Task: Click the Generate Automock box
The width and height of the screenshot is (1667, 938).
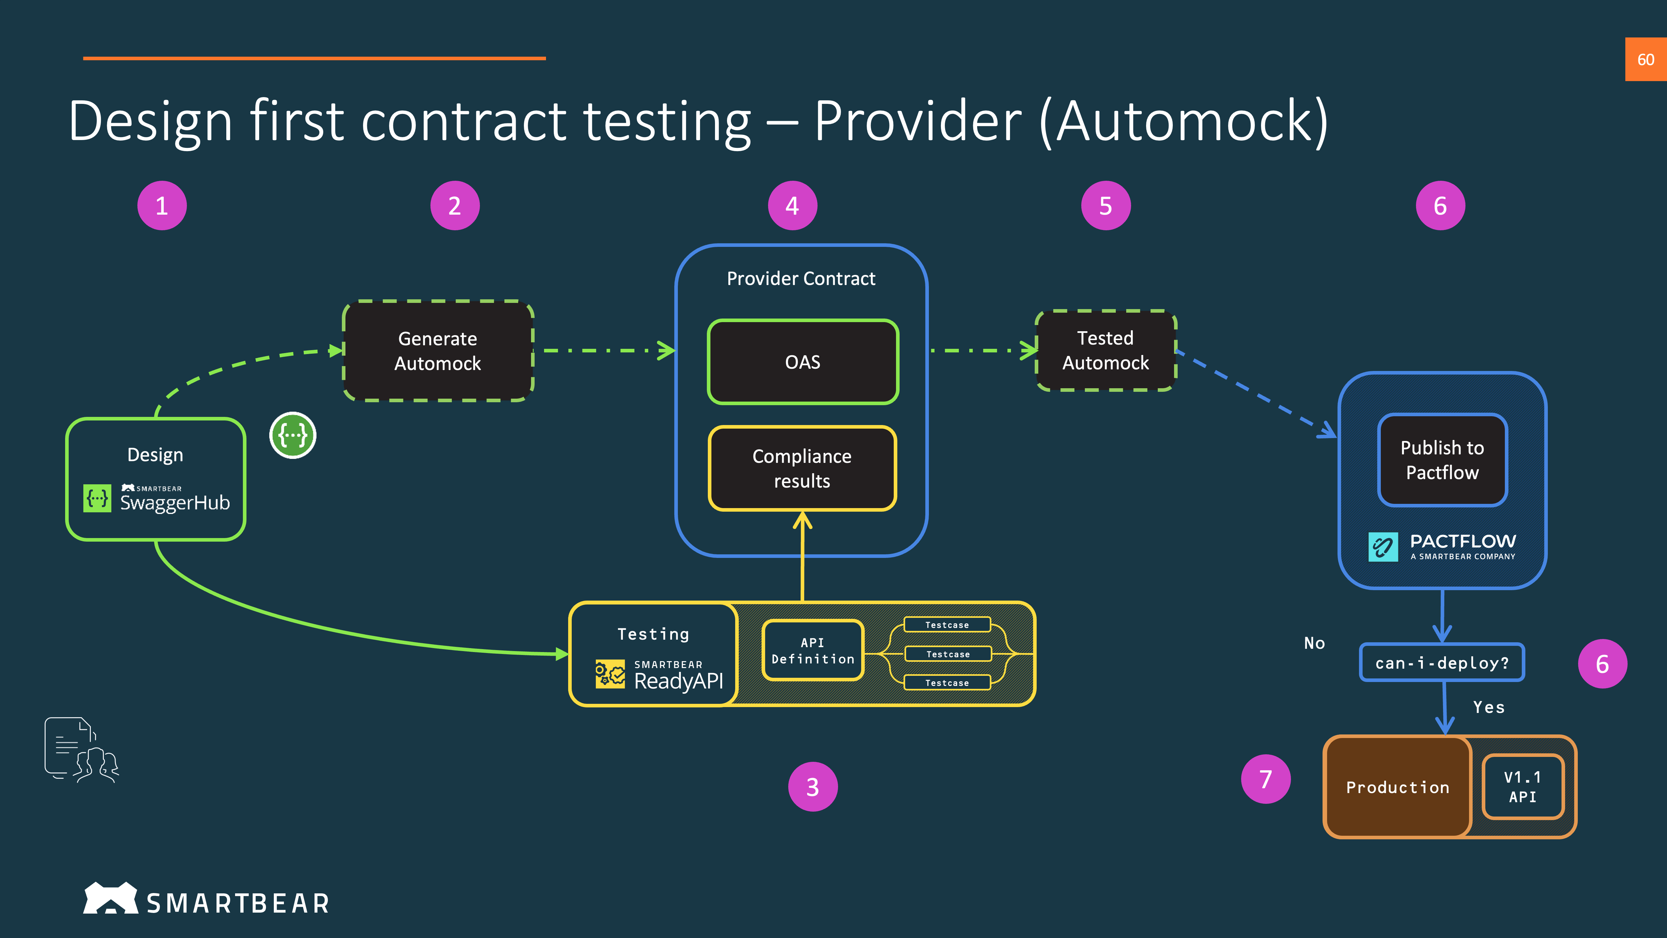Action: coord(438,351)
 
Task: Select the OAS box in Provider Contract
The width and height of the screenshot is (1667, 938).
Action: coord(803,362)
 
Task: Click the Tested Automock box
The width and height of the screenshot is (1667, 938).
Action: coord(1105,350)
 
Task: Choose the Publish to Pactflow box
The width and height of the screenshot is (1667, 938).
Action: coord(1442,460)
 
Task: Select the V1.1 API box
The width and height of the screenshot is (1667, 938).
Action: coord(1523,787)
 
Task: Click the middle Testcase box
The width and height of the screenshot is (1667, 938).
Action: coord(947,654)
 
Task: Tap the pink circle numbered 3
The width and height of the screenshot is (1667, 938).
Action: coord(813,787)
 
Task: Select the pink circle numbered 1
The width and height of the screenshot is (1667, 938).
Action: coord(162,206)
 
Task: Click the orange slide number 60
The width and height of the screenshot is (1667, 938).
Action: coord(1645,60)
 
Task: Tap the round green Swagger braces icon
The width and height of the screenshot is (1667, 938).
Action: coord(292,435)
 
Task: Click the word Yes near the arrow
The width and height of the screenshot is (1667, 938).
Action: coord(1488,707)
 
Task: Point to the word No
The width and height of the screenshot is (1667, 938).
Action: coord(1314,643)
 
